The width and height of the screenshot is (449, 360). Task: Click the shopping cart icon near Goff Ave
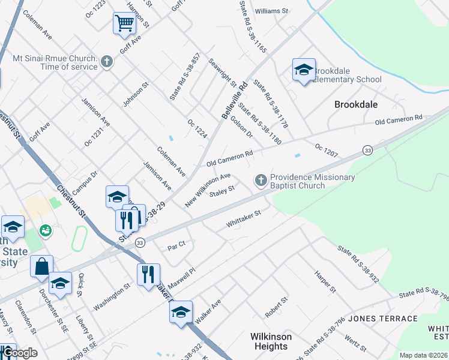(124, 24)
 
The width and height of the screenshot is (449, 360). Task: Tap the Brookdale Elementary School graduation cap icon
(304, 70)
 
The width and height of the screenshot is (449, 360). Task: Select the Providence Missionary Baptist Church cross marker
(261, 179)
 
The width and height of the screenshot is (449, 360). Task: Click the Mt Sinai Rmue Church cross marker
(106, 61)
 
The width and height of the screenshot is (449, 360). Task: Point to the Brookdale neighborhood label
(356, 104)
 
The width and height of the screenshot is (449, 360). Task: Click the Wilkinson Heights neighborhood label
(271, 341)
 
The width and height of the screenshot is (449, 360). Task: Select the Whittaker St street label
(244, 219)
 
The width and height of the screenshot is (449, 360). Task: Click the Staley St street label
(221, 190)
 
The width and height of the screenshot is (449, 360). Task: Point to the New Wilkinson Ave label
(208, 190)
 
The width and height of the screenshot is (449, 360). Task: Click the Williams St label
(271, 11)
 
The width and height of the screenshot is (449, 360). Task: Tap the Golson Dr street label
(241, 127)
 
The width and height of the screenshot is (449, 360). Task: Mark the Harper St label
(325, 281)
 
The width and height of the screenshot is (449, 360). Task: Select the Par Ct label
(177, 245)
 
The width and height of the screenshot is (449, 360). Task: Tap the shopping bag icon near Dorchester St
(41, 266)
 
